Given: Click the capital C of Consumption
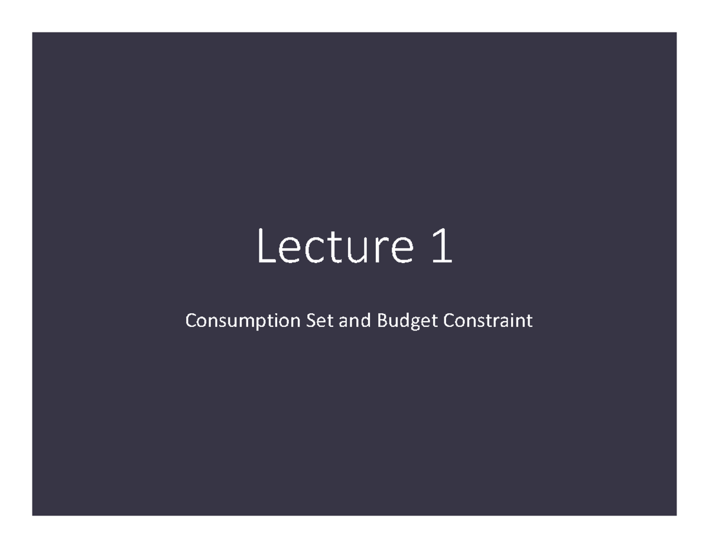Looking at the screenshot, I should (x=191, y=320).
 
